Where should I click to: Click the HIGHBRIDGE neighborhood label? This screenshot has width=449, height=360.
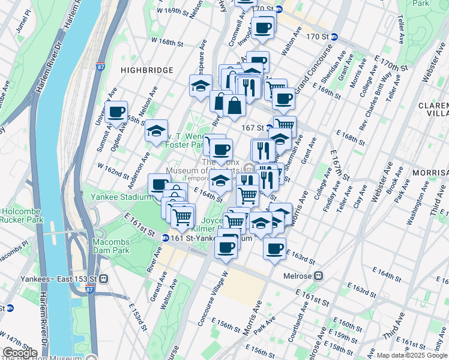pyautogui.click(x=146, y=70)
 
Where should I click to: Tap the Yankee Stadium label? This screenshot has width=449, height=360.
pyautogui.click(x=120, y=196)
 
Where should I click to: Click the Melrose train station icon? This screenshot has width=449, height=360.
pyautogui.click(x=319, y=276)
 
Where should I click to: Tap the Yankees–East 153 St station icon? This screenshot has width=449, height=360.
pyautogui.click(x=103, y=278)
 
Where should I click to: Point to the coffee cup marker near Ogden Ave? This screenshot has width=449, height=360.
pyautogui.click(x=116, y=112)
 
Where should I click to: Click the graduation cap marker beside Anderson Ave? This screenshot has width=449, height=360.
pyautogui.click(x=156, y=131)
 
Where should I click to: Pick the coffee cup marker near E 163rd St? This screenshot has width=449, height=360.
pyautogui.click(x=274, y=248)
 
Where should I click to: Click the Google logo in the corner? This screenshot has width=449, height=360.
pyautogui.click(x=20, y=353)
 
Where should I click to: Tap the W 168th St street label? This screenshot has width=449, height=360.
pyautogui.click(x=166, y=42)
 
